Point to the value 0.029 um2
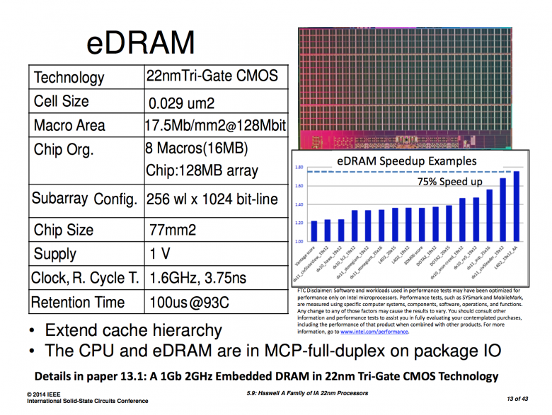[180, 103]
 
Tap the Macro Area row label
[69, 126]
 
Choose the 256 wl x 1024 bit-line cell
[213, 200]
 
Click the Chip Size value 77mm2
[173, 230]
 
